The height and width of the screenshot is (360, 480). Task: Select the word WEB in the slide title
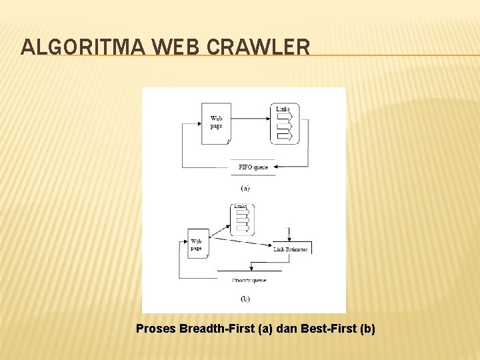pos(178,47)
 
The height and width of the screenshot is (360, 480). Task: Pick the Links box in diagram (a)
pos(285,124)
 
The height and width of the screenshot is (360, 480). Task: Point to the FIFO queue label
pos(253,167)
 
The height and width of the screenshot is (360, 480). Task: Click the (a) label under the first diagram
pos(245,189)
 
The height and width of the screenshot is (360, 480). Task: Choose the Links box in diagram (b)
pos(243,219)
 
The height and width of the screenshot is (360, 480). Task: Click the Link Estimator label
pos(291,249)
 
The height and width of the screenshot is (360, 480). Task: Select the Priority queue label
pos(250,280)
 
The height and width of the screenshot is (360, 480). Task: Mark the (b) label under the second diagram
pos(245,299)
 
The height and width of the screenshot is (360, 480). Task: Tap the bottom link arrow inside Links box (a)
pos(285,136)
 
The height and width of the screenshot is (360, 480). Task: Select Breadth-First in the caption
pos(217,329)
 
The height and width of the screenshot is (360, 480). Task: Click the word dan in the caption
pos(288,329)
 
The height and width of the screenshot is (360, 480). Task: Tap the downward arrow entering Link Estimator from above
pos(288,235)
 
